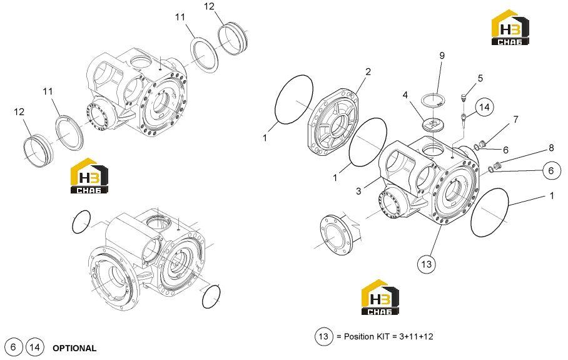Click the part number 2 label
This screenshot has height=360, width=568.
(x=368, y=72)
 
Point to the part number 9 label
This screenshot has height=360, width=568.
(x=442, y=56)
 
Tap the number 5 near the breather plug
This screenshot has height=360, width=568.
(x=480, y=78)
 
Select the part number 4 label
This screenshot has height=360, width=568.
(x=405, y=95)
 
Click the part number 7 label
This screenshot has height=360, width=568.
(x=515, y=120)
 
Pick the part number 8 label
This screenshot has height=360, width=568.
(x=551, y=148)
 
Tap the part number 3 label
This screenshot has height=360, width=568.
(x=358, y=191)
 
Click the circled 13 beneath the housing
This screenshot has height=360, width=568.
(x=427, y=264)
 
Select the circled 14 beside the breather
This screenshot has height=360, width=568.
(x=484, y=107)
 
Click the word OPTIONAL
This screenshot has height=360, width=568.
(x=74, y=348)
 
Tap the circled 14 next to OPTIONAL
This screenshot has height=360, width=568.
(x=34, y=347)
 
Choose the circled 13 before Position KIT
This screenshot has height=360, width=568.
(x=323, y=336)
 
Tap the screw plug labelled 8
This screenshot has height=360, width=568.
(x=497, y=166)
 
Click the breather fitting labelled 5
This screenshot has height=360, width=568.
(x=462, y=97)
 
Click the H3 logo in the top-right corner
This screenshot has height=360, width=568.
(x=510, y=27)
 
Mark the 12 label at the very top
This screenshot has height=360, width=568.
(x=209, y=6)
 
